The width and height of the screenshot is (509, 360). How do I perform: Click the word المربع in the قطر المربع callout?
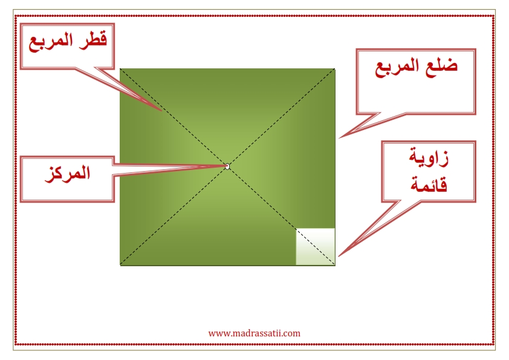click(51, 42)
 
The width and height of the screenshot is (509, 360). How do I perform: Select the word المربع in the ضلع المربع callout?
click(399, 67)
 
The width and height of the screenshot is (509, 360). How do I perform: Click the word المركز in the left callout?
click(68, 174)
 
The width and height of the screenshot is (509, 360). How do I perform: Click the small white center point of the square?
click(227, 166)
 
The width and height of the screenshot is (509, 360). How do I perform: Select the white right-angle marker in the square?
click(315, 247)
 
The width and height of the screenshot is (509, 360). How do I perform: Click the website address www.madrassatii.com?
click(254, 333)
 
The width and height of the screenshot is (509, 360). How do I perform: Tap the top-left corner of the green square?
click(120, 68)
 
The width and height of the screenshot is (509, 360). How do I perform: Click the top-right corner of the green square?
click(335, 68)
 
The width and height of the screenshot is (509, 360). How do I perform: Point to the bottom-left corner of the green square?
click(120, 265)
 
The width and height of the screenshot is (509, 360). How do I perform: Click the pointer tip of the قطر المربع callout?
click(161, 111)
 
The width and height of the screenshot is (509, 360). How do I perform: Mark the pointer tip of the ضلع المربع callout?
click(339, 138)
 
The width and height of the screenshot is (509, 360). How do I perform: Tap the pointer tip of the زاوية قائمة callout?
click(339, 256)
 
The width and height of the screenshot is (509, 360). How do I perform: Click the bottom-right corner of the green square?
click(335, 265)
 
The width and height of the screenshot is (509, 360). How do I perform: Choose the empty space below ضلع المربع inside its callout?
click(416, 94)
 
